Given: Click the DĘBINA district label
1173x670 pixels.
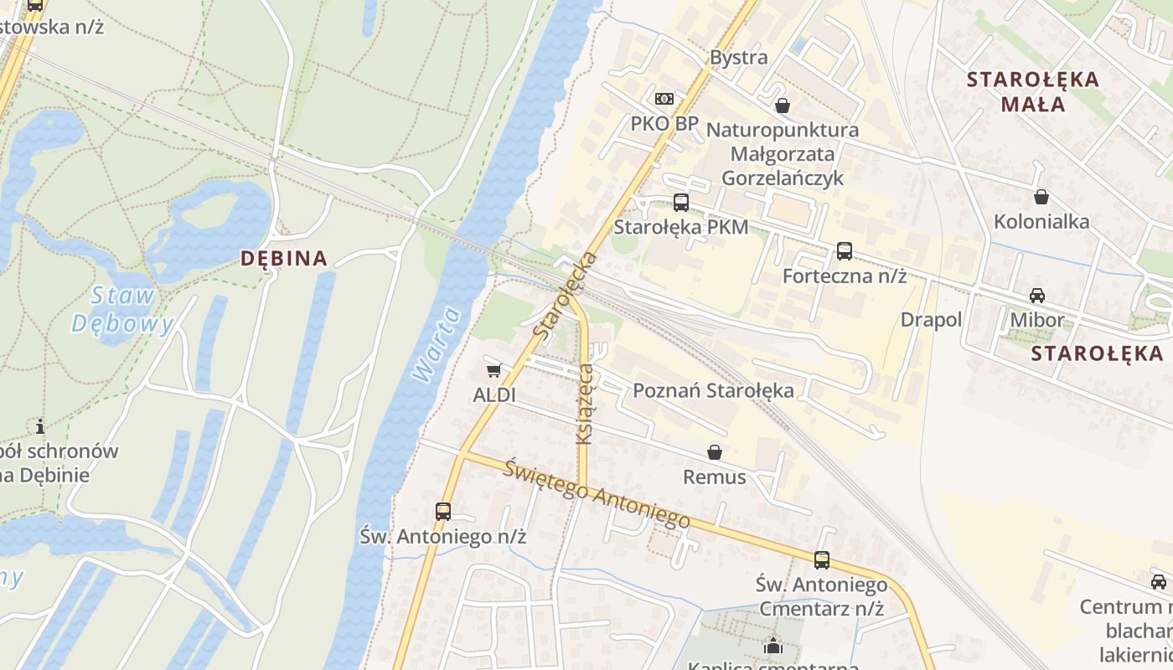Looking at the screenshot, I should pyautogui.click(x=284, y=258).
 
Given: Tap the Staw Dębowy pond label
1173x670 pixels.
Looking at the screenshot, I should pyautogui.click(x=122, y=310).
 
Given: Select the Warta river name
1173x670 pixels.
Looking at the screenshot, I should pyautogui.click(x=437, y=345).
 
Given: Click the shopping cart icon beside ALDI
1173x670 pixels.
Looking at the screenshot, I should pyautogui.click(x=493, y=370).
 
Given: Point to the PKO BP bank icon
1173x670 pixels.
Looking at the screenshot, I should pyautogui.click(x=664, y=99).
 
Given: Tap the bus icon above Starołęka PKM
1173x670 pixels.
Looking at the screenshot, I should pyautogui.click(x=680, y=202).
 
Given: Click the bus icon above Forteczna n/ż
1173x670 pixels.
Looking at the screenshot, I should pyautogui.click(x=844, y=250).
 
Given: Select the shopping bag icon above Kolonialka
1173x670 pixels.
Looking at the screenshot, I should pyautogui.click(x=1041, y=197).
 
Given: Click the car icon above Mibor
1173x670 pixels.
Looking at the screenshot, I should pyautogui.click(x=1036, y=295).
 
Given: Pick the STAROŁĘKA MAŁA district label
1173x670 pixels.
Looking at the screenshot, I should pyautogui.click(x=1031, y=91).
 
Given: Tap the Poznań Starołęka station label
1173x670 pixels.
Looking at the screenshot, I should pyautogui.click(x=713, y=390).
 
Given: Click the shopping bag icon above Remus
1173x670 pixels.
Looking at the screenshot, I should pyautogui.click(x=714, y=452).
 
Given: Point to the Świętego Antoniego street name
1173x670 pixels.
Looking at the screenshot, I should pyautogui.click(x=597, y=495).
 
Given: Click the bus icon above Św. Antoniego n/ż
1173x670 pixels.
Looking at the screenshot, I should pyautogui.click(x=442, y=511).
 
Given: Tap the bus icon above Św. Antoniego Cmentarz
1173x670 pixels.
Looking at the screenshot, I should pyautogui.click(x=821, y=559).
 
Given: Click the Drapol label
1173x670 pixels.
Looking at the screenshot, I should pyautogui.click(x=931, y=320).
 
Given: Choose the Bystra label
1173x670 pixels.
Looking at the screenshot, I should pyautogui.click(x=738, y=57).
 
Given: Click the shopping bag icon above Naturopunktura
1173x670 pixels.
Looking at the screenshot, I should pyautogui.click(x=782, y=106).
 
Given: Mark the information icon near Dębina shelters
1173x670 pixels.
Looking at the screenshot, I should pyautogui.click(x=39, y=425).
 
